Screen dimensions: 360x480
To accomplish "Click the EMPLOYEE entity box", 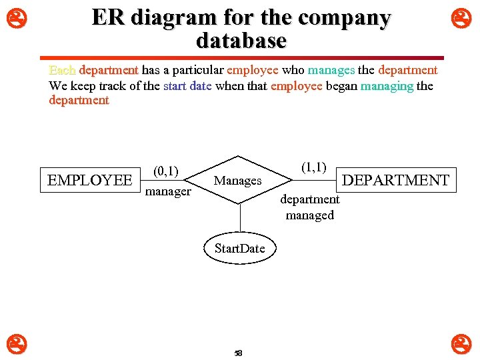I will (90, 180).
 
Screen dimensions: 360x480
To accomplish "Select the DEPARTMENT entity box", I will (395, 180).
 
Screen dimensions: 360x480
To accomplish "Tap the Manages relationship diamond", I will (238, 181).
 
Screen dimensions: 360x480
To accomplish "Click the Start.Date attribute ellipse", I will (239, 249).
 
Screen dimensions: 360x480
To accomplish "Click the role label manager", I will (168, 192).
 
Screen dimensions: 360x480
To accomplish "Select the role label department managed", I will (309, 207).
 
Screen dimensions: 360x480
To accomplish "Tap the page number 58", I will (238, 353).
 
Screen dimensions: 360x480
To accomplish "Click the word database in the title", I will (241, 41).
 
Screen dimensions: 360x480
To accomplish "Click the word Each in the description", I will (63, 70).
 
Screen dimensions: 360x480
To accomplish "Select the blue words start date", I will (187, 85).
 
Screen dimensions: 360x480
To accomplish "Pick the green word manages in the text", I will (331, 70).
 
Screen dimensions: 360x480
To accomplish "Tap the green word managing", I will (387, 85).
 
